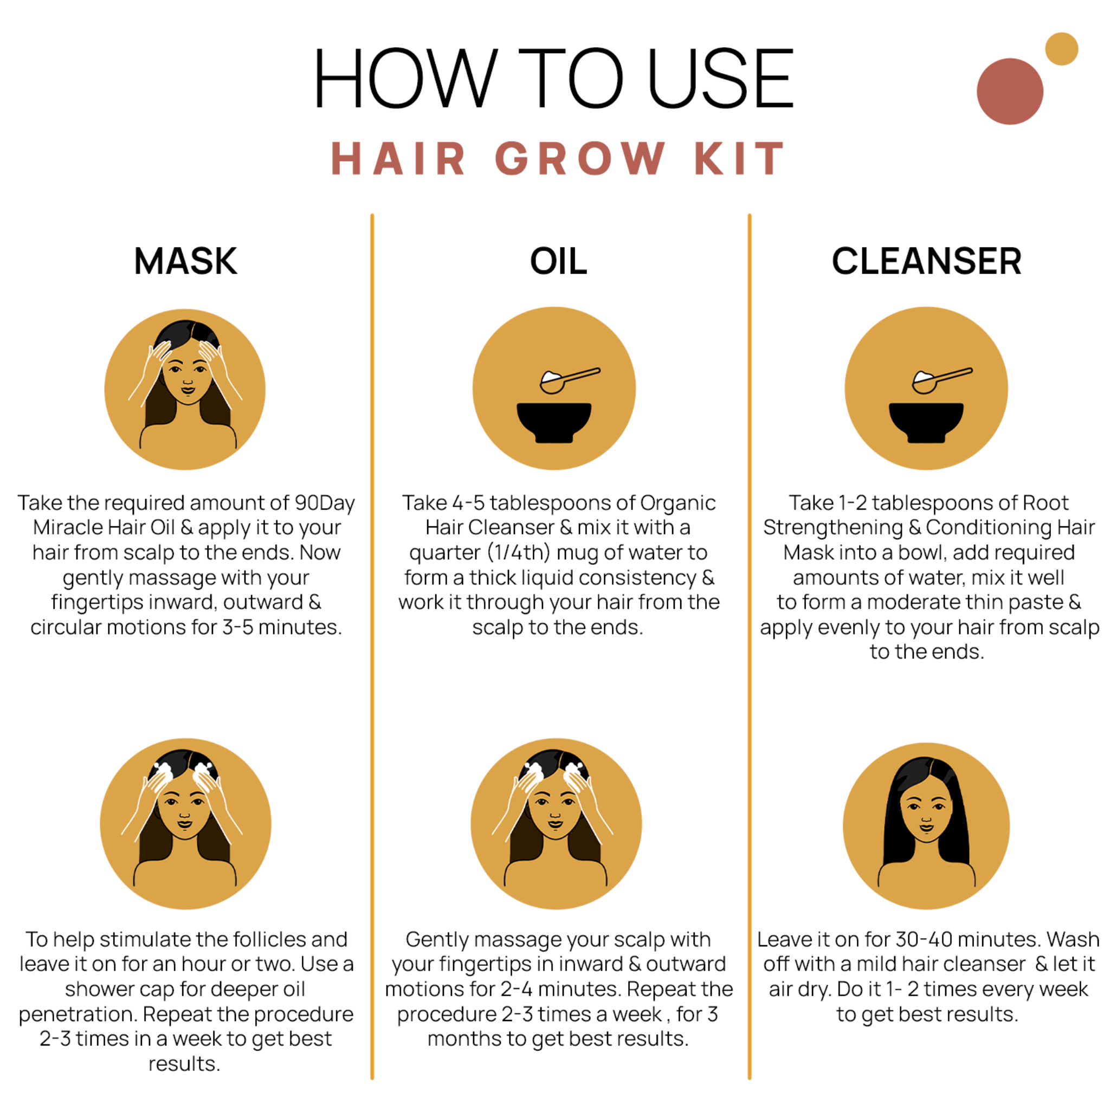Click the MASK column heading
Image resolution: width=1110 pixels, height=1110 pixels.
point(185,261)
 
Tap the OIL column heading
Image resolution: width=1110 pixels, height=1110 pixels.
point(558,261)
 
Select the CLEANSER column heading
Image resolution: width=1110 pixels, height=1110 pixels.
point(926,261)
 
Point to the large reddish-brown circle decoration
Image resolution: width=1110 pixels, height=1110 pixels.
point(1009,92)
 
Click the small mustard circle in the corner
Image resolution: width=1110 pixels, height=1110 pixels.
point(1061,49)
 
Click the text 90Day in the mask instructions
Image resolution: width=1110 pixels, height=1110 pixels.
point(325,504)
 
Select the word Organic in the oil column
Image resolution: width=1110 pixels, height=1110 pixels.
point(677,504)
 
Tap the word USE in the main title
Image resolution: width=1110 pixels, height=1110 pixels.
point(720,79)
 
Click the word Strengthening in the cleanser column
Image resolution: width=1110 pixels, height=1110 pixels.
point(833,528)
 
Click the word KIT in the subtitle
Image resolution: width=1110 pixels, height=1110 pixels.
point(739,159)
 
